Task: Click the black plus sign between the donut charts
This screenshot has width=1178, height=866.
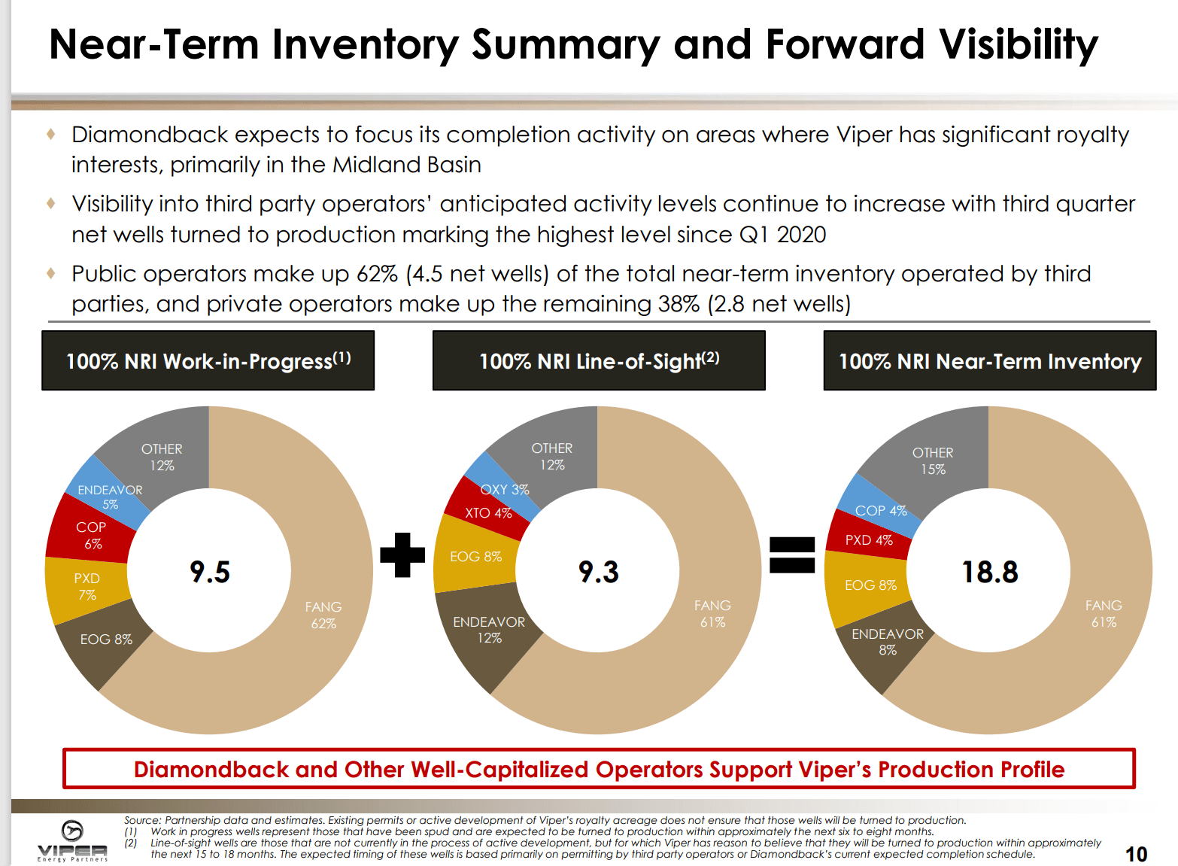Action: [x=402, y=555]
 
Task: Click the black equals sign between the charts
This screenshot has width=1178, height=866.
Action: [x=792, y=555]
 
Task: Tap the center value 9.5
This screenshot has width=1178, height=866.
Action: [x=210, y=572]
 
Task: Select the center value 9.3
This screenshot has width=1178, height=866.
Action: [x=599, y=572]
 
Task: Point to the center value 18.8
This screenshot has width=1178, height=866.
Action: [x=990, y=572]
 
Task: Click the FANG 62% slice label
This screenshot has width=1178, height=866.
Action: [x=323, y=615]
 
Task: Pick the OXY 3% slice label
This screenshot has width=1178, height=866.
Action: [x=505, y=490]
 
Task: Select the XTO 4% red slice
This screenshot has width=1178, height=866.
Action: [x=487, y=513]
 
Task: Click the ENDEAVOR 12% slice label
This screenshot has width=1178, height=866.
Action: [x=489, y=630]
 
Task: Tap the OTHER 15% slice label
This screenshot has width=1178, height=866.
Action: [x=933, y=460]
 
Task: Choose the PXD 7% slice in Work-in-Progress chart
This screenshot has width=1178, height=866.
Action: [x=87, y=586]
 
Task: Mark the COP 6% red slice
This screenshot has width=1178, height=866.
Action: [x=91, y=535]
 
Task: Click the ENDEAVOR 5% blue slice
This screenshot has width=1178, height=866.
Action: [x=110, y=497]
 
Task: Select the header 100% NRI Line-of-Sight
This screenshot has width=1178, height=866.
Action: [x=599, y=361]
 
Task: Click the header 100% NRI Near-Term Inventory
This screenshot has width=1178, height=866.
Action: [x=990, y=361]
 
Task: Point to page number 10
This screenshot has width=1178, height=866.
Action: [x=1136, y=854]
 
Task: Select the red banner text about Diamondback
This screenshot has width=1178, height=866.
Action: [x=599, y=769]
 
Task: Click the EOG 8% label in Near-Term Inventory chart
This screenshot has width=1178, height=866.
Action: [x=870, y=585]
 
